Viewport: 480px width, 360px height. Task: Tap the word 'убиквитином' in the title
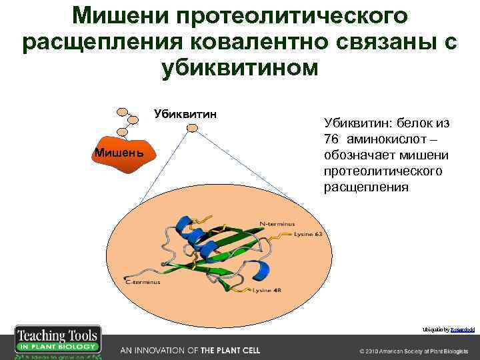click(240, 68)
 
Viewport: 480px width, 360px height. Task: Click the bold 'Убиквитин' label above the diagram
click(185, 113)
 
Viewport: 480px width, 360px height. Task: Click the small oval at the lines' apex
click(185, 127)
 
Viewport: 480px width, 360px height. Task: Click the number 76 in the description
click(331, 139)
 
